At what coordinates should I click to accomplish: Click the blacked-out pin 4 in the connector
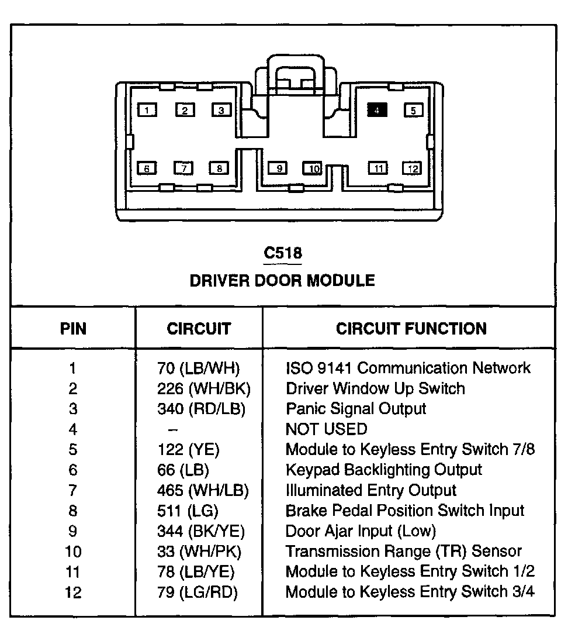(377, 109)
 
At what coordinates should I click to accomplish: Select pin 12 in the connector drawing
(413, 168)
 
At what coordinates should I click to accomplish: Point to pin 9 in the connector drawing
(279, 168)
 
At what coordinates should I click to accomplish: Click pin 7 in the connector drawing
(183, 168)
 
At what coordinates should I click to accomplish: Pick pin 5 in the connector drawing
(413, 110)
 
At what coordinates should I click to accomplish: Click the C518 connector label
(283, 253)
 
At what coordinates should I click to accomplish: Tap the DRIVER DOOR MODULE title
(282, 281)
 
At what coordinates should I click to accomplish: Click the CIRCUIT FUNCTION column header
(411, 329)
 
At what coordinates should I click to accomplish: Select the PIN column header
(73, 329)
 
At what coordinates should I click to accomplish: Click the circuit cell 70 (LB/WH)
(199, 368)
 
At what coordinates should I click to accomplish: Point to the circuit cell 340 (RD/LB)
(201, 409)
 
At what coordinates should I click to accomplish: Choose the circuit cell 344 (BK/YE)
(201, 531)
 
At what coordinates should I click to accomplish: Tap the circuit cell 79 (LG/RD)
(198, 592)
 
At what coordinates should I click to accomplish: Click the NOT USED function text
(326, 429)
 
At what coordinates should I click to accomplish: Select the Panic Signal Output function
(356, 409)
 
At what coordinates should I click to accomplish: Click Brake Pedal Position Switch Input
(405, 511)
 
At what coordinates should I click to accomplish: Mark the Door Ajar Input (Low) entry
(361, 531)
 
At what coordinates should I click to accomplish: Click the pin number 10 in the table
(73, 552)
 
